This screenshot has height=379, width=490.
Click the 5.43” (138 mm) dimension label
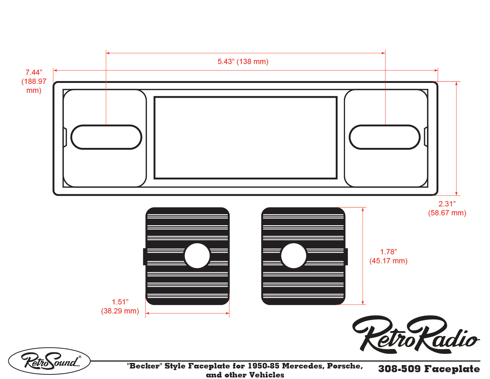[x=243, y=62]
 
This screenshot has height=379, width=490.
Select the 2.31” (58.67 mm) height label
[x=447, y=208]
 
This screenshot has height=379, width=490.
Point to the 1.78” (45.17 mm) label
[x=388, y=256]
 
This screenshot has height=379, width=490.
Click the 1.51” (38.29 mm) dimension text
[x=120, y=306]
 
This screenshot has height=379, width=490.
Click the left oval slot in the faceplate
[x=106, y=137]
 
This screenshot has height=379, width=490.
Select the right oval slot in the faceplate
[x=385, y=137]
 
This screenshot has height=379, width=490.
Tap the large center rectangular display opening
[x=245, y=138]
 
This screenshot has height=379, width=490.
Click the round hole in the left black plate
[x=197, y=256]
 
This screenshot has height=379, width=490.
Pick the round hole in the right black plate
[x=293, y=256]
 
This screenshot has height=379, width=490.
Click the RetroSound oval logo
[x=49, y=361]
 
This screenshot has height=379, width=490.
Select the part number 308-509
[x=399, y=369]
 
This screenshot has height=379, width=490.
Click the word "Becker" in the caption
[x=144, y=366]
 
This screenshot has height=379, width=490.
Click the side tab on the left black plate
[x=144, y=256]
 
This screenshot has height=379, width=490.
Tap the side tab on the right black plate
[x=346, y=256]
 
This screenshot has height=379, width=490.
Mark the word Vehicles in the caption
[x=266, y=375]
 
